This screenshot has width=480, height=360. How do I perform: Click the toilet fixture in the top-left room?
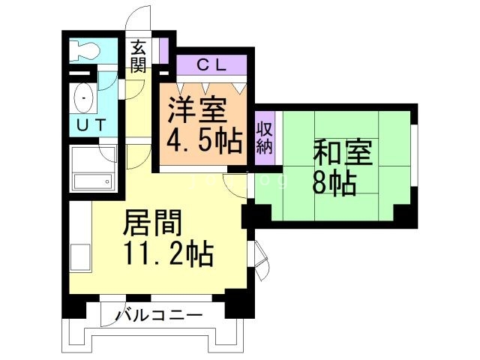(82, 50)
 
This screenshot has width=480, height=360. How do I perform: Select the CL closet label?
(211, 65)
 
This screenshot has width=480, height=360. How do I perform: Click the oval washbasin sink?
(83, 98)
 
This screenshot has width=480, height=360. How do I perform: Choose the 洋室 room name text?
(196, 112)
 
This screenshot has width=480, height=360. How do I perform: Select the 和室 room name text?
(342, 152)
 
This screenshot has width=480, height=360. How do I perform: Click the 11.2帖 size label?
(167, 253)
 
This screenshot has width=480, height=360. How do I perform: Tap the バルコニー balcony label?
(158, 315)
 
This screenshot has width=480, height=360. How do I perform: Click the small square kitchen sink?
(80, 256)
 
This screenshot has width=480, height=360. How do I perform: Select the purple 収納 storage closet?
(265, 136)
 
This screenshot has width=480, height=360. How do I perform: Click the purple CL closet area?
(211, 65)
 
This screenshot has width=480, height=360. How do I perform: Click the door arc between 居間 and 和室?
(238, 184)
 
